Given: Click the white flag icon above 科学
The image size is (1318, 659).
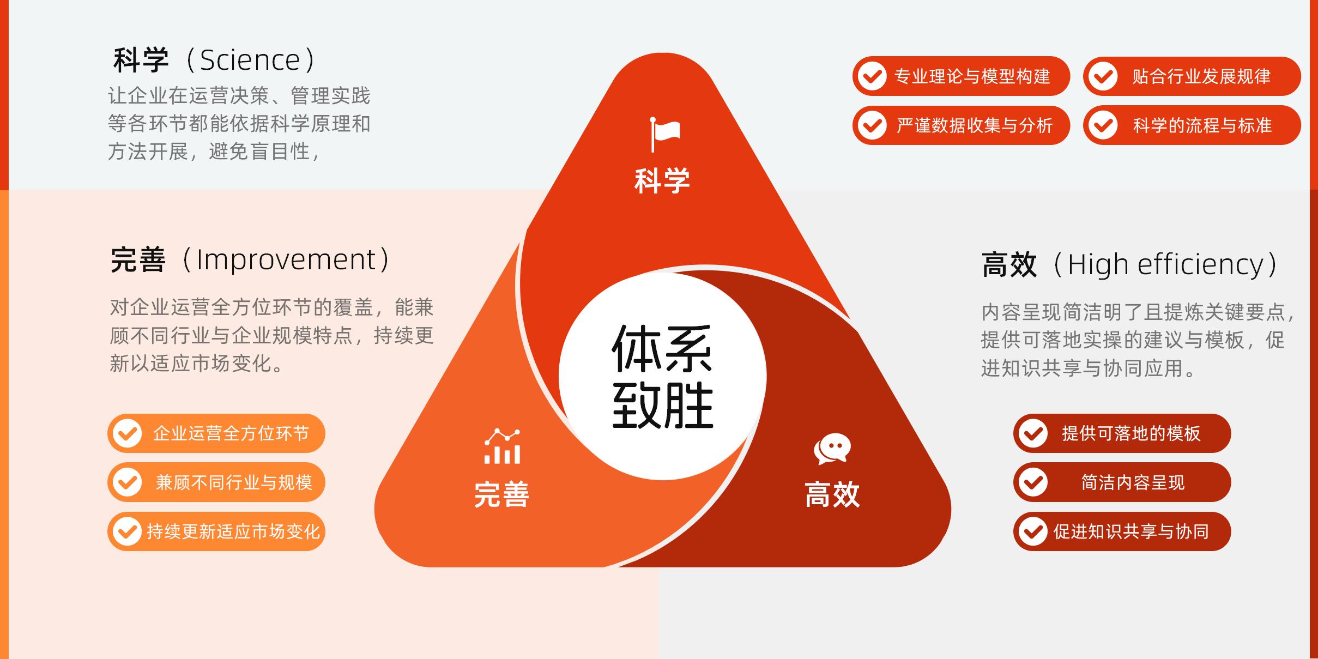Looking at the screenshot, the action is tap(665, 134).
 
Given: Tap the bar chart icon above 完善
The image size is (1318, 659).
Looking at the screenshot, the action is tap(502, 446).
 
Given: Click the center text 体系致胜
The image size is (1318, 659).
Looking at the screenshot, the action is tap(663, 377).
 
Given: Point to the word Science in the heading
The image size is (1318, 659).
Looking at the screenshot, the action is tap(250, 60).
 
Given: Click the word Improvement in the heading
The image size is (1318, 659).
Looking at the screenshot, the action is tap(286, 259).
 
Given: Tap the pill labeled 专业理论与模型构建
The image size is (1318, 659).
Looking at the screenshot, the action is tap(961, 76).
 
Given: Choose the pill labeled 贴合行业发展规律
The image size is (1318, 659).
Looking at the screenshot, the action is tap(1192, 76).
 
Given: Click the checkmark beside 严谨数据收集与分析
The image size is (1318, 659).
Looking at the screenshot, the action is tap(872, 125).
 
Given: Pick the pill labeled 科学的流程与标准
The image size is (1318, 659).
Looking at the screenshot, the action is tap(1192, 125).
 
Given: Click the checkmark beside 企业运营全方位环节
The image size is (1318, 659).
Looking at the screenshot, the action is tap(128, 433).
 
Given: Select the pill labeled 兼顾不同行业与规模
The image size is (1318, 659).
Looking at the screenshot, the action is tap(216, 482).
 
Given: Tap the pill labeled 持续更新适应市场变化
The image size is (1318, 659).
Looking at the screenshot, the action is tap(216, 531).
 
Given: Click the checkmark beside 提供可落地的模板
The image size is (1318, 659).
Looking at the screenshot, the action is tap(1033, 433).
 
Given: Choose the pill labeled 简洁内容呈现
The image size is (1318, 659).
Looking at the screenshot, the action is tap(1122, 482).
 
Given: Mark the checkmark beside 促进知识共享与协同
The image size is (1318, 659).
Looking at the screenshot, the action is tap(1033, 531).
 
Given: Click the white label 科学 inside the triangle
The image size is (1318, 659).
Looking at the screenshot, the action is tap(662, 181).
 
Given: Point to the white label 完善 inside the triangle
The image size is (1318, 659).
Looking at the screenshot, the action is tap(501, 494).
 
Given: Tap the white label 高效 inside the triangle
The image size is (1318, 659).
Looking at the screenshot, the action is tap(832, 494).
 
